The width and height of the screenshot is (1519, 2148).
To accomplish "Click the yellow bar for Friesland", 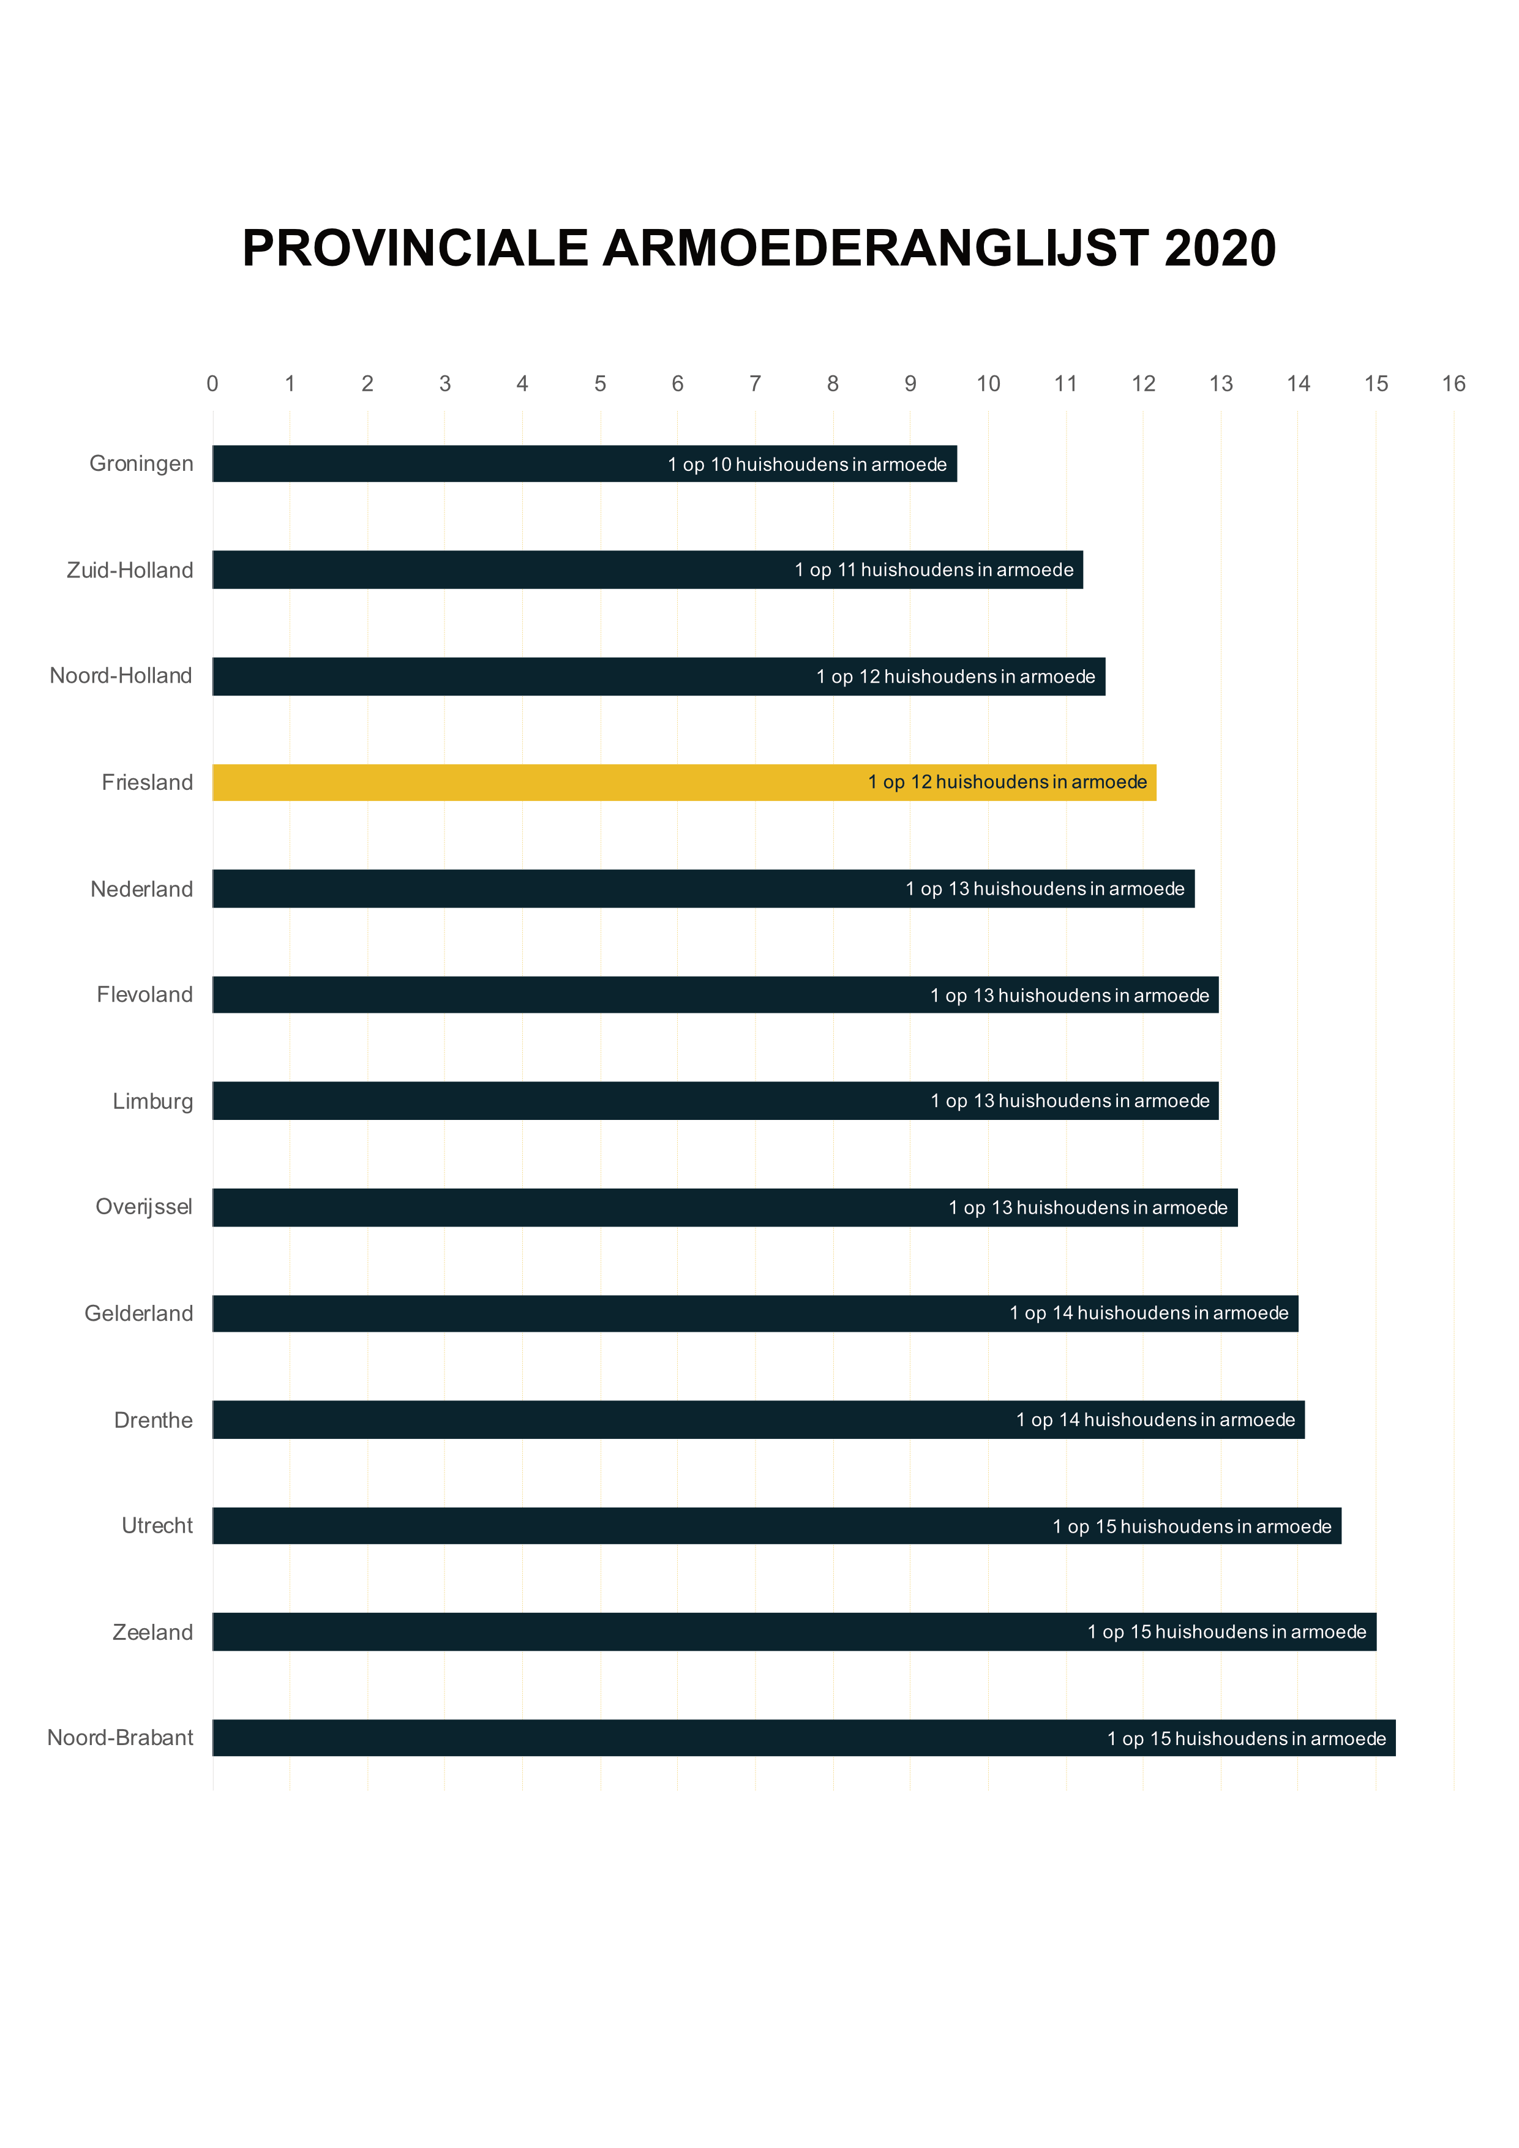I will click(683, 782).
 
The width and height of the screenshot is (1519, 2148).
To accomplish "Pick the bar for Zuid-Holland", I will click(647, 569).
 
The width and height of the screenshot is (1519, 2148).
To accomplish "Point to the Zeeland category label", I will click(152, 1632).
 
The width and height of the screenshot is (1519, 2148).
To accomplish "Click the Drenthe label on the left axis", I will click(154, 1420).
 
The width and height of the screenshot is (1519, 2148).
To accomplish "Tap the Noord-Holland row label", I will click(121, 675).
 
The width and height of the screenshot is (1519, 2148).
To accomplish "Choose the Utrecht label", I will click(157, 1526).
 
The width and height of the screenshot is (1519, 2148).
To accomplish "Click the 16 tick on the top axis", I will click(1453, 383).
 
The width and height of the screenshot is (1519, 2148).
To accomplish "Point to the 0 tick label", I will click(212, 383).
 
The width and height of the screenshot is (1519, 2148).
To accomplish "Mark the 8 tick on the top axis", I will click(833, 383).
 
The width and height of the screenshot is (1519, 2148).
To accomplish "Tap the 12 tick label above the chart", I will click(1143, 383).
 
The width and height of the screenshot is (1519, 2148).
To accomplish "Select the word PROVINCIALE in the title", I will click(414, 249).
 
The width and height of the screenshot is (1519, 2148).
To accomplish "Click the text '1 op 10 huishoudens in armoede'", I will click(807, 465).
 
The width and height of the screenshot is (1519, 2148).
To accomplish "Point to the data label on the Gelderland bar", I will click(1149, 1313).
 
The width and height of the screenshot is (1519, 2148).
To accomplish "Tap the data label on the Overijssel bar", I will click(1088, 1207).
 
